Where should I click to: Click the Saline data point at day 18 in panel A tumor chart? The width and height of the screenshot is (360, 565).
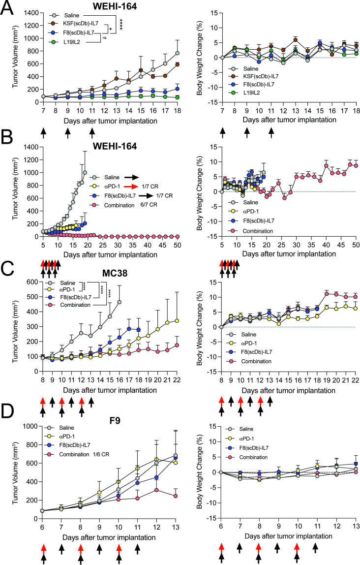177,53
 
